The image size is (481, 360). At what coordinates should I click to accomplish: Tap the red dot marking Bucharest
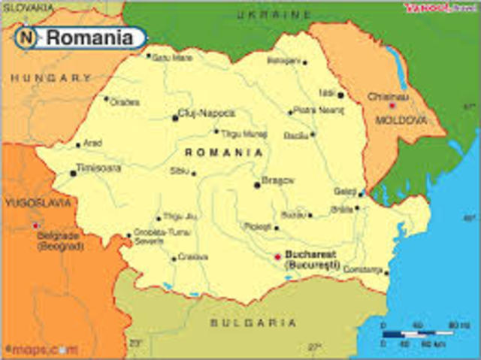click(x=277, y=256)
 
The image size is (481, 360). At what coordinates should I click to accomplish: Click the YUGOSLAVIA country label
click(x=38, y=202)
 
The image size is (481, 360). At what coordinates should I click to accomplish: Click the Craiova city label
click(x=193, y=257)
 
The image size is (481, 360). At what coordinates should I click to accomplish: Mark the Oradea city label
click(x=125, y=102)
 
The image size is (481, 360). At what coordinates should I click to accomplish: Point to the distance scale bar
click(x=417, y=333)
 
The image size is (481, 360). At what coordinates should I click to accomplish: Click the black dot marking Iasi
click(x=340, y=95)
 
